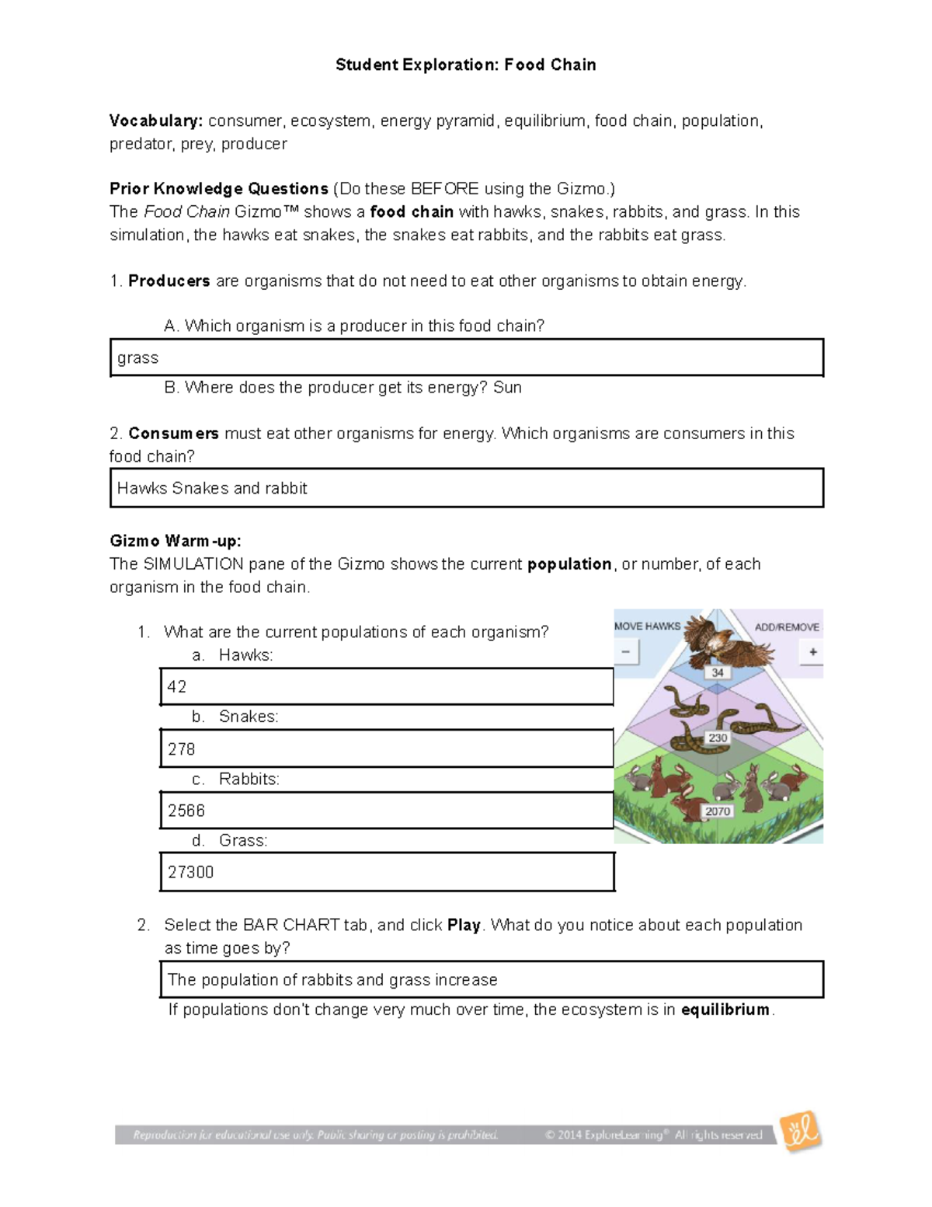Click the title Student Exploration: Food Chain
click(x=465, y=65)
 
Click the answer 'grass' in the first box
click(x=138, y=358)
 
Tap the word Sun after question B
click(x=507, y=388)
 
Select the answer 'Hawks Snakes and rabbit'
click(x=212, y=489)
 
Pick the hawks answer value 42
click(x=177, y=687)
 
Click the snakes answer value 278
click(x=181, y=749)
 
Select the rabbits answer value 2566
click(x=186, y=811)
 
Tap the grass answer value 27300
click(x=190, y=873)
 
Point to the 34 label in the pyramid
click(x=718, y=673)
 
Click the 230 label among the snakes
click(x=718, y=738)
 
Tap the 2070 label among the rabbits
click(x=718, y=811)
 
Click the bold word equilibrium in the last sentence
click(x=725, y=1010)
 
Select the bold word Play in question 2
click(x=464, y=926)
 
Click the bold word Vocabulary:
click(x=156, y=121)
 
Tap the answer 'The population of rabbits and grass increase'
click(x=332, y=980)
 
